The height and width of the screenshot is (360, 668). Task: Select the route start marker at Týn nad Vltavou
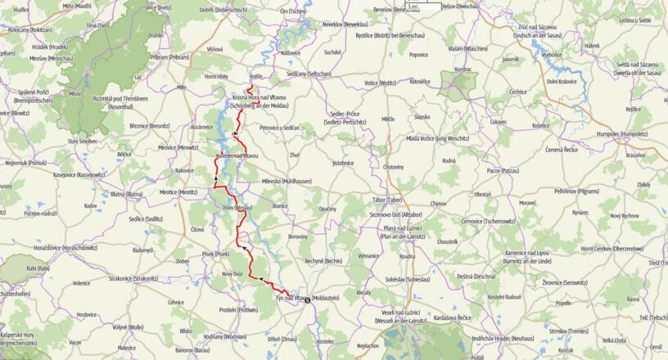pyautogui.click(x=308, y=299)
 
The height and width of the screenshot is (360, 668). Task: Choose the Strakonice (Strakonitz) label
pyautogui.click(x=129, y=278)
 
